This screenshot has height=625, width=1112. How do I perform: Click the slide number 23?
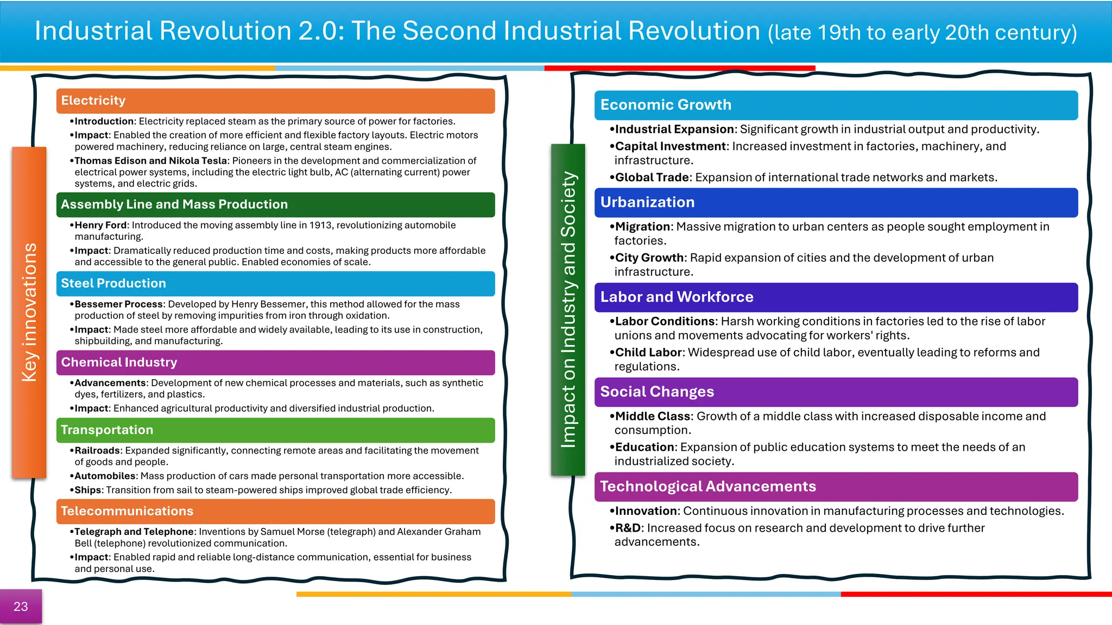21,607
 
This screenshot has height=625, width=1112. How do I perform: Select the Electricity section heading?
93,101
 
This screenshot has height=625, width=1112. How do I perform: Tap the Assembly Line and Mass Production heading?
174,205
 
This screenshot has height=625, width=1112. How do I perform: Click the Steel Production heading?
113,283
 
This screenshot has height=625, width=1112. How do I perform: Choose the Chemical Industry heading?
119,362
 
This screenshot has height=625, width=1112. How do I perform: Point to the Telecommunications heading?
127,511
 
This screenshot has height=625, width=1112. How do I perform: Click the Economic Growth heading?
666,105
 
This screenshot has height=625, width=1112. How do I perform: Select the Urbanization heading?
647,202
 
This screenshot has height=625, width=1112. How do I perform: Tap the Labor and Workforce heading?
677,297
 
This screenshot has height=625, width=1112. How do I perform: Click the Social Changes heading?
657,392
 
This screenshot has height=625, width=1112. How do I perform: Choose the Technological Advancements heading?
708,487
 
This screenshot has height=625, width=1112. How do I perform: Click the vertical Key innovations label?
29,312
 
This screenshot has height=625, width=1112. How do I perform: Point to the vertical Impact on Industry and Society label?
568,310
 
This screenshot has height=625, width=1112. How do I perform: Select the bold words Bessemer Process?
119,304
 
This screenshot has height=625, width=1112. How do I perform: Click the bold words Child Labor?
648,353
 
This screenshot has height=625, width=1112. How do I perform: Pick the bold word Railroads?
97,451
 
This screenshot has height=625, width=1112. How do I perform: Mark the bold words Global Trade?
652,178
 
